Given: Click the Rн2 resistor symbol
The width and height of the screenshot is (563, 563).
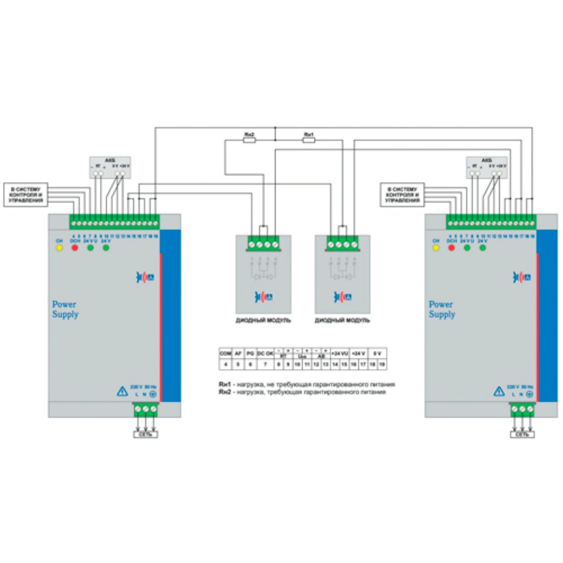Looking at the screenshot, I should (249, 139).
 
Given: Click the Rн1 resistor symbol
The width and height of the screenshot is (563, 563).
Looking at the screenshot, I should (308, 139).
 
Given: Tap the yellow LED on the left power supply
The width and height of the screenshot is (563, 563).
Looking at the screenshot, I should (59, 247).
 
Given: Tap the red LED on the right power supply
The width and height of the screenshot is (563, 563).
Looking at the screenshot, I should (451, 247).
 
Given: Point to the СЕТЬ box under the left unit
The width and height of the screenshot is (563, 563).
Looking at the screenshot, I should (145, 435).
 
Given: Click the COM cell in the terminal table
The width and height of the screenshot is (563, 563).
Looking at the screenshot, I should (225, 354).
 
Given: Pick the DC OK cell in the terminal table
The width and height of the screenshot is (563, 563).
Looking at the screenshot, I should (266, 354).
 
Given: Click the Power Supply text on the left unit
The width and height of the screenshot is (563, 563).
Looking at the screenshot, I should (65, 310).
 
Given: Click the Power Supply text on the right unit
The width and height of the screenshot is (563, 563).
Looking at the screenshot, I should (442, 310).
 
